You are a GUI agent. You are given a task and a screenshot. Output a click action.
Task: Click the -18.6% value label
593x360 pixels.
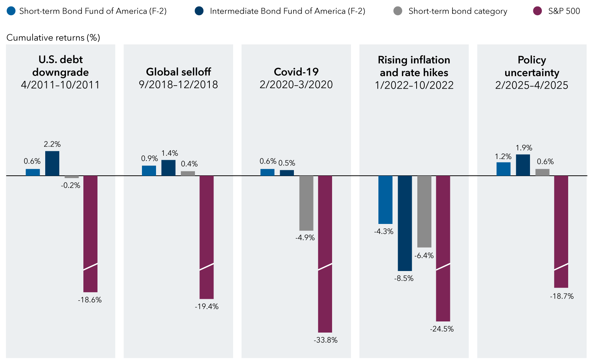click(x=90, y=300)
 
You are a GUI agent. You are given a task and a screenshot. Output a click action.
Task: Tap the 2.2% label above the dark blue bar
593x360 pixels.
click(x=52, y=144)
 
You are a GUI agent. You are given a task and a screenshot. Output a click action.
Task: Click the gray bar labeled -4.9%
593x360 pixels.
click(x=306, y=203)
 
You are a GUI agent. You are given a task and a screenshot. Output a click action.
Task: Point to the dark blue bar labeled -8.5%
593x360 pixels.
click(x=405, y=223)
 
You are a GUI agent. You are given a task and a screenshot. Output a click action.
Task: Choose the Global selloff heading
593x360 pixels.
click(x=178, y=72)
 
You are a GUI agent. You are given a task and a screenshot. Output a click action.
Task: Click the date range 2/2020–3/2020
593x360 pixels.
click(x=296, y=85)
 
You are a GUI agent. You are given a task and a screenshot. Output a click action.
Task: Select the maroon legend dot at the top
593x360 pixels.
click(x=537, y=11)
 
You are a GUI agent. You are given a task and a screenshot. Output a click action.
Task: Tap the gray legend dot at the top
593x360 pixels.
click(x=398, y=11)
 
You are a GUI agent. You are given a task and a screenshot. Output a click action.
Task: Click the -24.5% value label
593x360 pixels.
click(x=442, y=329)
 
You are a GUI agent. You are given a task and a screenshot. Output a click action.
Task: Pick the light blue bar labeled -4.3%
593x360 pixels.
click(x=385, y=199)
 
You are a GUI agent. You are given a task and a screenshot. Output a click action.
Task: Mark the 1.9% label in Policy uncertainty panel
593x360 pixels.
click(x=524, y=148)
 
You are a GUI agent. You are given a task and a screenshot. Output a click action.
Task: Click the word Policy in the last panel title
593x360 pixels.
click(x=531, y=60)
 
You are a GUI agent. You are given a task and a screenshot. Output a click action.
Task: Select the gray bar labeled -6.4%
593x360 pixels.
click(x=424, y=211)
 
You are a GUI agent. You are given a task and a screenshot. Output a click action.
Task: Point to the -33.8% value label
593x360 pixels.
click(x=326, y=340)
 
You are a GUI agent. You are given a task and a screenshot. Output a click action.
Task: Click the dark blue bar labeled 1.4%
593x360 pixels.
click(x=168, y=168)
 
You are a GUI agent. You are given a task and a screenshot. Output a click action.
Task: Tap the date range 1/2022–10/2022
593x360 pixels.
click(x=414, y=85)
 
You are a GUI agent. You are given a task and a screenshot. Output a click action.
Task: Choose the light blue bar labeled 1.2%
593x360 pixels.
click(x=503, y=169)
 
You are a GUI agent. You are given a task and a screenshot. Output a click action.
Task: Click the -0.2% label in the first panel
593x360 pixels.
click(x=70, y=185)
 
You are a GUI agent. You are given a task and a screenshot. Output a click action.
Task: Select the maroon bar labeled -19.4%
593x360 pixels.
click(x=206, y=237)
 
